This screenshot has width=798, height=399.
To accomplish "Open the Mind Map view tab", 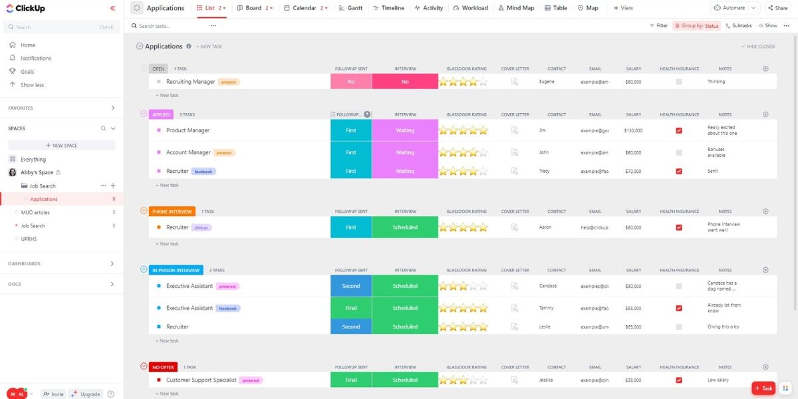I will [x=515, y=8].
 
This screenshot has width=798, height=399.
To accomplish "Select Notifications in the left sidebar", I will [x=35, y=59].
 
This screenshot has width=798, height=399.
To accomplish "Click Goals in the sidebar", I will [x=27, y=71].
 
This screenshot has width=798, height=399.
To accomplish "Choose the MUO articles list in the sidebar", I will [x=35, y=213].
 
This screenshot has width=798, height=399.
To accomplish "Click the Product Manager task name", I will [x=188, y=130].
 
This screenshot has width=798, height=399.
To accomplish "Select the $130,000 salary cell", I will [x=633, y=130].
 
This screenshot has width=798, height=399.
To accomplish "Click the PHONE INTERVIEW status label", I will [x=172, y=211].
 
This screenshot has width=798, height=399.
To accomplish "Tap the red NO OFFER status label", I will [x=163, y=367].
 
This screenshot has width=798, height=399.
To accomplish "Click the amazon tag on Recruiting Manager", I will [x=229, y=82].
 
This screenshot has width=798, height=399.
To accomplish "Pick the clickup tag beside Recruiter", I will [x=201, y=227].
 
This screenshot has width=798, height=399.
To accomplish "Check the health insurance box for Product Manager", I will [x=679, y=130].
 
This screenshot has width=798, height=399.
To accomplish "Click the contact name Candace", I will [x=548, y=286].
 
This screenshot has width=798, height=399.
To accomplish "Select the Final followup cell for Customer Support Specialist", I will [x=351, y=380].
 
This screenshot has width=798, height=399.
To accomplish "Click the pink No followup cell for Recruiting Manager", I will [x=351, y=82].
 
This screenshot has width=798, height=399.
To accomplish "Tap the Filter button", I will [x=658, y=26].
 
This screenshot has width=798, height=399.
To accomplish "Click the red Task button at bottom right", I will [x=763, y=388].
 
